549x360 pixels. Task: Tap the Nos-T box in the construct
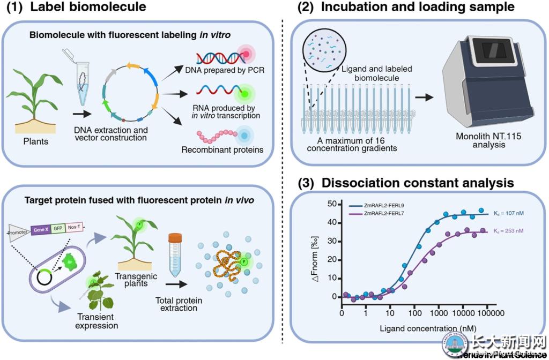click(x=75, y=227)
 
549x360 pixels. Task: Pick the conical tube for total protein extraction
click(x=175, y=255)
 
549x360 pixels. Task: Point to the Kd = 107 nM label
click(x=508, y=213)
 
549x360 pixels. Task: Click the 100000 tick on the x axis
click(x=487, y=312)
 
